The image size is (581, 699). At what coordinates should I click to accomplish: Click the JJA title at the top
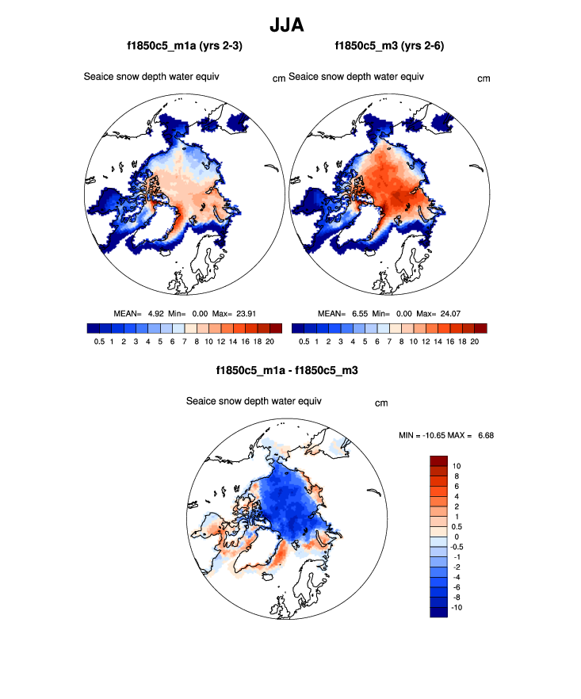(289, 25)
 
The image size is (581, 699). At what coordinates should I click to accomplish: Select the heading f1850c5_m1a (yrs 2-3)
(185, 47)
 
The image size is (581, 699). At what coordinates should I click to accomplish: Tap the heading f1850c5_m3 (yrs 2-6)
(389, 47)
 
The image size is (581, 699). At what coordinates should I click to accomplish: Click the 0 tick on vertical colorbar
(455, 536)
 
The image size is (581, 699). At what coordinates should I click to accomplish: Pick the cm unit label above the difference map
(381, 403)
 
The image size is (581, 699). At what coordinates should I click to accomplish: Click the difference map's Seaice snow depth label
(254, 401)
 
